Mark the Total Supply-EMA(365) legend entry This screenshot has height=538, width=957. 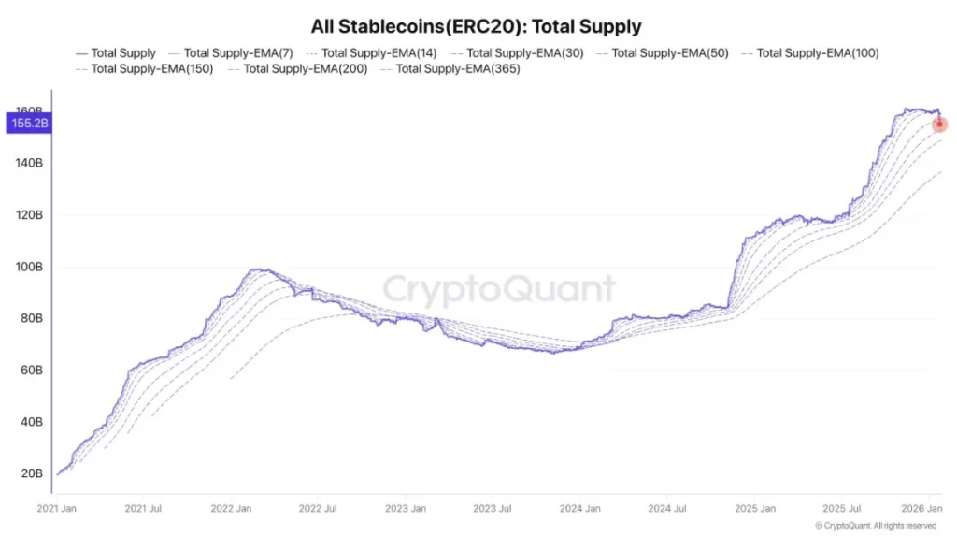point(457,69)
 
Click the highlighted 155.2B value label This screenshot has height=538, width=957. point(28,123)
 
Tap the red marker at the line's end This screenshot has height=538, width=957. point(939,124)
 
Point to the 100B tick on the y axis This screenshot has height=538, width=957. point(28,267)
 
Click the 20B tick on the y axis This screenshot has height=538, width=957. point(32,473)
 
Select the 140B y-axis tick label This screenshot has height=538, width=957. point(28,163)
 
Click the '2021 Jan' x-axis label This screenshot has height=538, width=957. point(56,508)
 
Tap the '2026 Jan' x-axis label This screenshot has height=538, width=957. point(922,508)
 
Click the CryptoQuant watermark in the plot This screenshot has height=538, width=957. point(499,290)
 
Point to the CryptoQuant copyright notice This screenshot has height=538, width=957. point(875,526)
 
